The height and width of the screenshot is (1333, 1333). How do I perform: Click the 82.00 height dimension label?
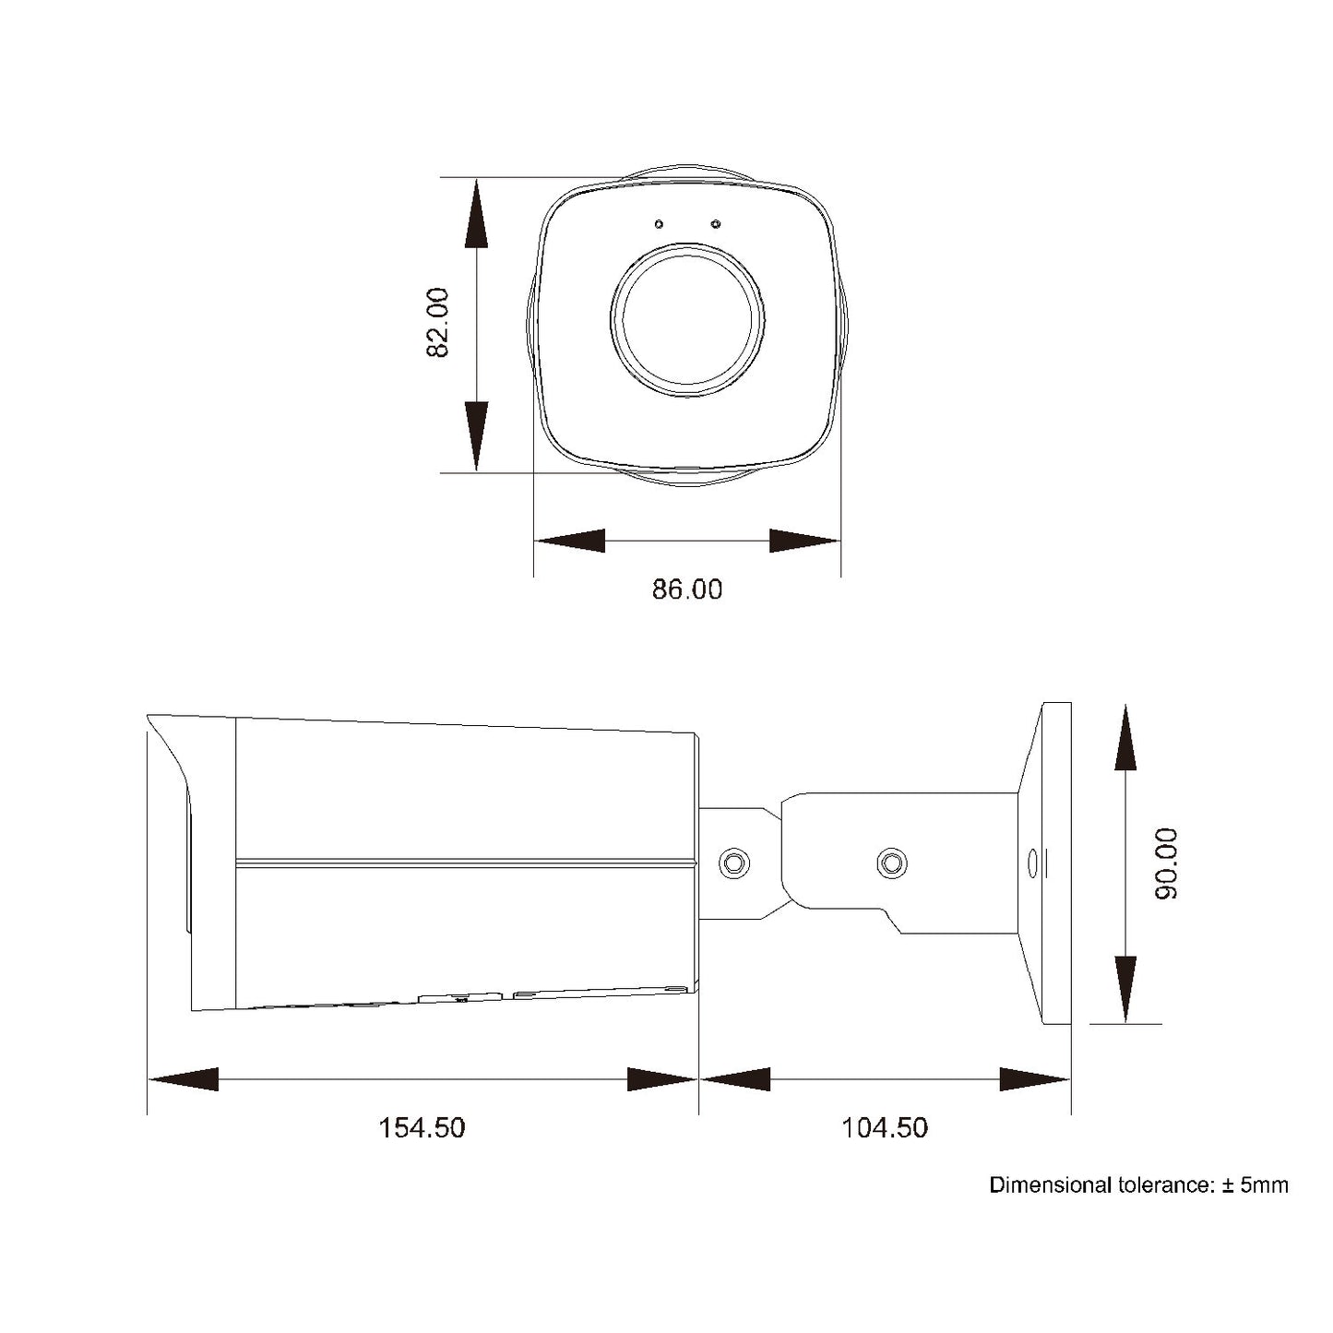tap(437, 323)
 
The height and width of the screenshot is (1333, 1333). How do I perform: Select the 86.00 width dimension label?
tap(687, 589)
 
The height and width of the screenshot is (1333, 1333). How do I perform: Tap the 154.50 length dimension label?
tap(422, 1127)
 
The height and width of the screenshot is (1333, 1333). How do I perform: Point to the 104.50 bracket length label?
tap(885, 1127)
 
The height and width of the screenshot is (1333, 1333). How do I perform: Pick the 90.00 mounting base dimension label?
tap(1166, 863)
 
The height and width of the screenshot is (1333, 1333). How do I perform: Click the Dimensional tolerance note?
tap(1138, 1185)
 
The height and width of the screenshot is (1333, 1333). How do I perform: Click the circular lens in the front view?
tap(687, 320)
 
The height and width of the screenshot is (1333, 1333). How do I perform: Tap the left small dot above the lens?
tap(659, 224)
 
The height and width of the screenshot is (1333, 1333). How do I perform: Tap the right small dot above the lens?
tap(716, 224)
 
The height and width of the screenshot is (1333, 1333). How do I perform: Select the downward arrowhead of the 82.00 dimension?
tap(476, 435)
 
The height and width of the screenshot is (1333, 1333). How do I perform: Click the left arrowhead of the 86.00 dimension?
tap(569, 541)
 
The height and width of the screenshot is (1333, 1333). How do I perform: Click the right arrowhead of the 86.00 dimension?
tap(804, 541)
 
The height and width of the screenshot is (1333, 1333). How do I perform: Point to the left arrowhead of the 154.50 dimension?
tap(183, 1078)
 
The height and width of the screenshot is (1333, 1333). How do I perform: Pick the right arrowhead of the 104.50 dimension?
tap(1035, 1078)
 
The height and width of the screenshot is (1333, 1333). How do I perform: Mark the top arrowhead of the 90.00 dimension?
tap(1125, 738)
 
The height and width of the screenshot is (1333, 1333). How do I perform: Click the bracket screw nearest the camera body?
tap(734, 863)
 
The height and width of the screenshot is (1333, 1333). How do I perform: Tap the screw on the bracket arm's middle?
tap(891, 863)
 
